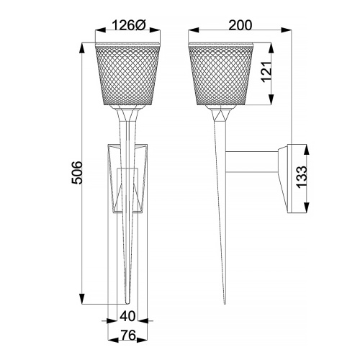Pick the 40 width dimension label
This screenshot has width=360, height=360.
pos(127,315)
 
